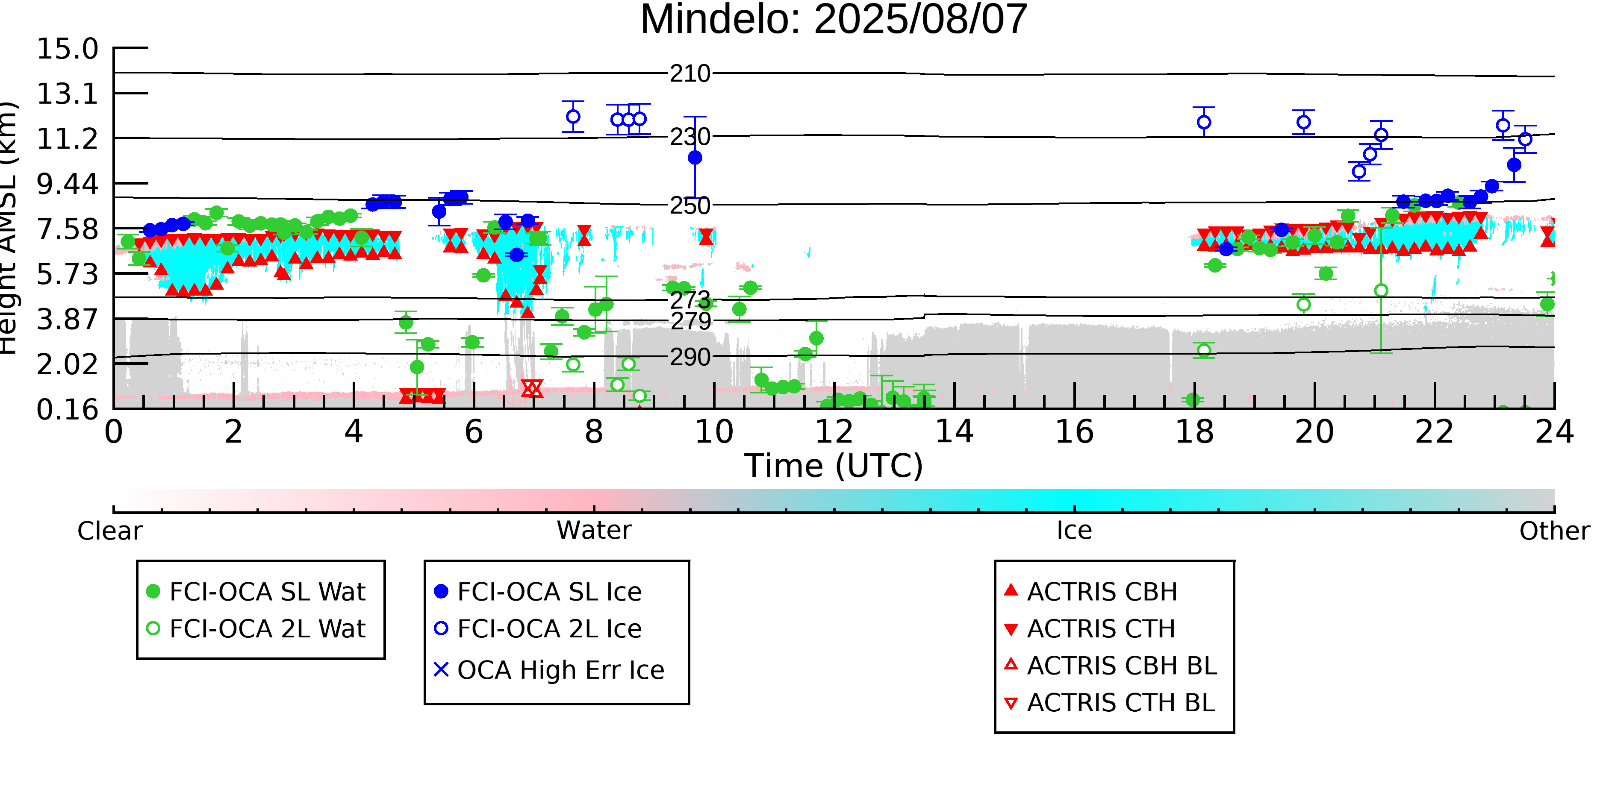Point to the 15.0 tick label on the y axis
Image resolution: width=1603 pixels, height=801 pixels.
(x=67, y=49)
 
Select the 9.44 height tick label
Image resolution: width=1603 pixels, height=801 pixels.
(x=67, y=184)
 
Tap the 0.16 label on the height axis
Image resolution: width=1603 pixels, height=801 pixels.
(x=67, y=410)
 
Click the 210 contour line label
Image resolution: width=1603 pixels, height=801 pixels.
(x=690, y=74)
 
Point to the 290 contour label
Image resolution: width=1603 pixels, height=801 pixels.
(x=690, y=358)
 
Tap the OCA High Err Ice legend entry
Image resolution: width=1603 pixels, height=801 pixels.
(x=549, y=670)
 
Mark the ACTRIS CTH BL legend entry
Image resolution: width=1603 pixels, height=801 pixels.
(x=1110, y=703)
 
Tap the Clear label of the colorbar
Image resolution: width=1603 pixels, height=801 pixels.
(x=109, y=531)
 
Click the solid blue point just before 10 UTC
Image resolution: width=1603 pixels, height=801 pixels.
(x=695, y=158)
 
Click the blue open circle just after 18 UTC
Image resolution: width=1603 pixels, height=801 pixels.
(x=1204, y=123)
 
